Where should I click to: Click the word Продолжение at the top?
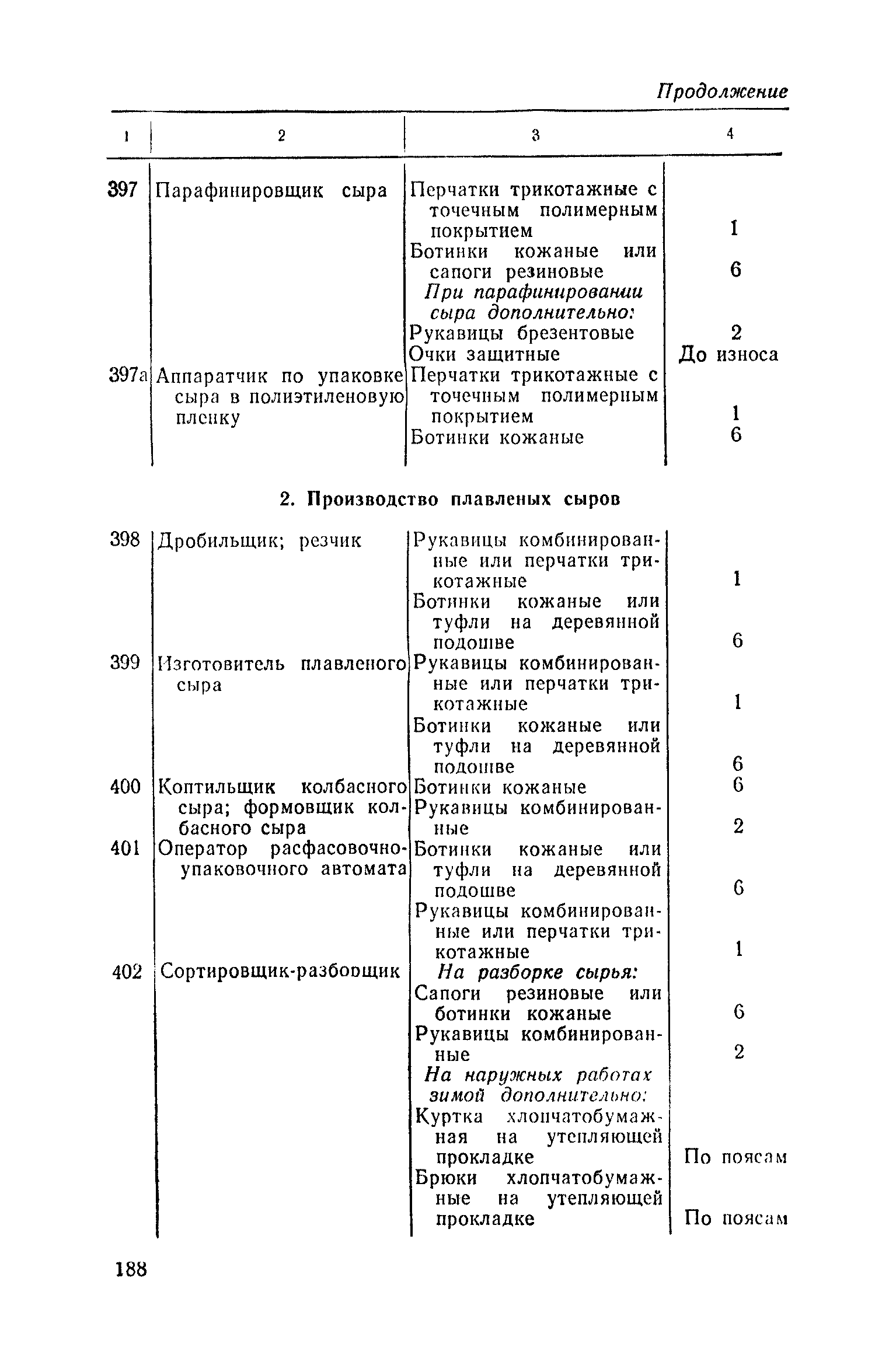pyautogui.click(x=722, y=91)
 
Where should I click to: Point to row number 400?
pyautogui.click(x=125, y=787)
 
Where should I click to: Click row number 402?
pyautogui.click(x=127, y=972)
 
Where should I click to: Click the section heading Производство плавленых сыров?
pyautogui.click(x=449, y=500)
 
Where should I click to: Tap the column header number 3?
pyautogui.click(x=535, y=135)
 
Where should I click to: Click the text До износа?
pyautogui.click(x=728, y=354)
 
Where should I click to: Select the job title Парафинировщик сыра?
pyautogui.click(x=272, y=190)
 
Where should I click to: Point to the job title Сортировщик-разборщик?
pyautogui.click(x=280, y=972)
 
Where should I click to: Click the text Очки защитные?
pyautogui.click(x=484, y=354)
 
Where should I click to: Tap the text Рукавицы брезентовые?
pyautogui.click(x=522, y=333)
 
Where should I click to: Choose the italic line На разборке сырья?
pyautogui.click(x=537, y=972)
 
